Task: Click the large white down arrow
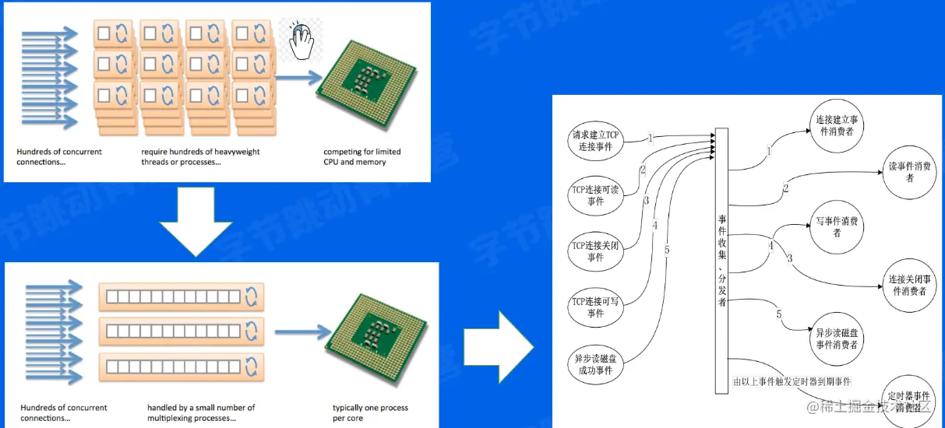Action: pyautogui.click(x=196, y=220)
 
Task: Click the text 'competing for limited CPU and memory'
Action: pyautogui.click(x=361, y=156)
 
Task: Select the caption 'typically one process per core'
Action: pyautogui.click(x=370, y=412)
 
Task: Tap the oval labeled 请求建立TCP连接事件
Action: pyautogui.click(x=596, y=140)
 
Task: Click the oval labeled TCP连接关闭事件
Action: pyautogui.click(x=596, y=251)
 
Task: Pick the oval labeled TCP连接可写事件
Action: pyautogui.click(x=596, y=307)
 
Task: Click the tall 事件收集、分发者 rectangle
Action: pyautogui.click(x=722, y=261)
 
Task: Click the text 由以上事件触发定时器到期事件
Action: pyautogui.click(x=792, y=382)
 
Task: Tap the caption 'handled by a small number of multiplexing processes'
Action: pyautogui.click(x=201, y=412)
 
